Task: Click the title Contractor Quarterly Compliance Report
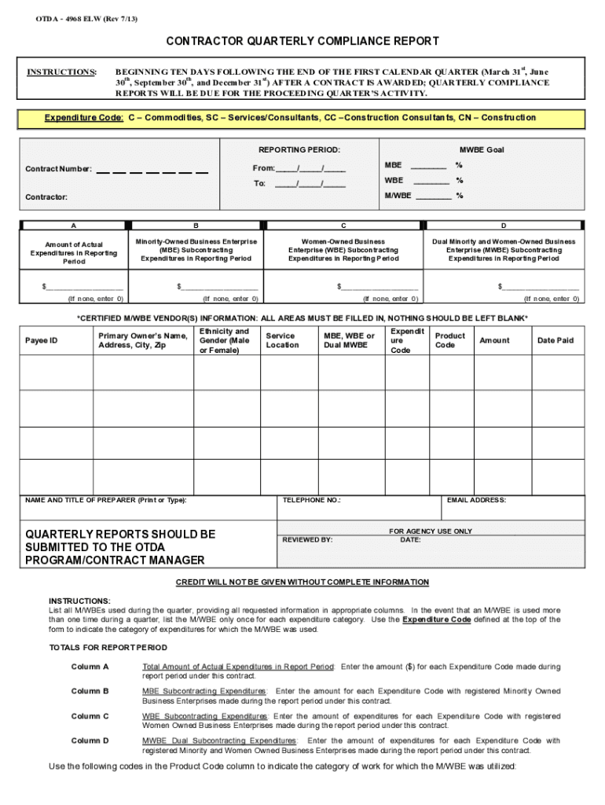click(302, 41)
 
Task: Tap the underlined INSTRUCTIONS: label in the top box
click(61, 72)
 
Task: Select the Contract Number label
click(58, 169)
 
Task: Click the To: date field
click(310, 184)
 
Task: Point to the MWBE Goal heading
click(481, 149)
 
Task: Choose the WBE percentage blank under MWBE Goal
click(431, 181)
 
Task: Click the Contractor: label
click(46, 197)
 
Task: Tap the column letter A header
click(74, 226)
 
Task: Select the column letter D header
click(504, 226)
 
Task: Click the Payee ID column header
click(42, 340)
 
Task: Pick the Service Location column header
click(282, 340)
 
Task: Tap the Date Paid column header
click(555, 340)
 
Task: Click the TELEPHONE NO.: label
click(311, 500)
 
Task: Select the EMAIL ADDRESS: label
click(476, 500)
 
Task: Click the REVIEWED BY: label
click(307, 540)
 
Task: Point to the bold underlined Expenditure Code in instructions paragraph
click(436, 619)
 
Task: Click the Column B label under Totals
click(90, 691)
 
